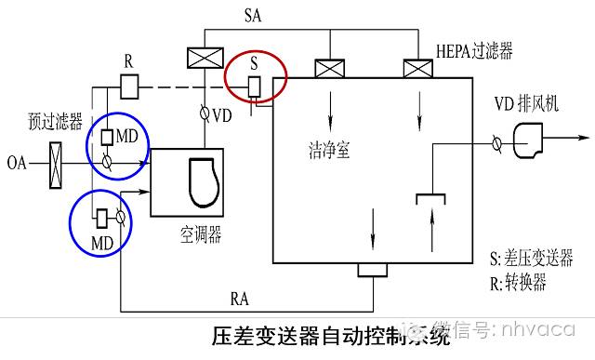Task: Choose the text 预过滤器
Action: pos(55,122)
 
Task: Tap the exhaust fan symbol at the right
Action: pos(530,143)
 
